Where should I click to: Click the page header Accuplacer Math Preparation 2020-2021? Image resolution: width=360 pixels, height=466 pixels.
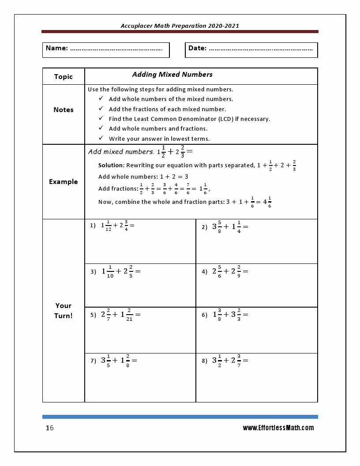coord(180,26)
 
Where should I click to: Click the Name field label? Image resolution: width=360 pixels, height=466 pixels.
coord(56,48)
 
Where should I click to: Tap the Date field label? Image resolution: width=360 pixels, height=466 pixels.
coord(197,48)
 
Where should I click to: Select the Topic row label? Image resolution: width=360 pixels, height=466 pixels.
coord(63,76)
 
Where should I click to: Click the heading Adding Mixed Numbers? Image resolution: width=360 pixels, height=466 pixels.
coord(172,74)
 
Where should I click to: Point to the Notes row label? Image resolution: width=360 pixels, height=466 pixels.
coord(63,109)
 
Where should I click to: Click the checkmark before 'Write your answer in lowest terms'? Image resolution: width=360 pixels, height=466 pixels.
coord(101,138)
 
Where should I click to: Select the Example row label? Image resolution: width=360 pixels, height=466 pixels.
coord(63,181)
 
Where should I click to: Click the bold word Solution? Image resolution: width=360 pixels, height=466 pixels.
coord(111,165)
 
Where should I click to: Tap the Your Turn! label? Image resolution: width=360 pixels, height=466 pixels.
coord(63,310)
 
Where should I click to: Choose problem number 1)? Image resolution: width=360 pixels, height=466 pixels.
coord(93,225)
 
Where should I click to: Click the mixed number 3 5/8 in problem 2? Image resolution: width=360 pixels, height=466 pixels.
coord(217,227)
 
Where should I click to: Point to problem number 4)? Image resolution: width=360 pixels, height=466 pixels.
coord(204,272)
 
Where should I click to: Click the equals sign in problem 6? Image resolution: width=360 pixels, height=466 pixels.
coord(245,315)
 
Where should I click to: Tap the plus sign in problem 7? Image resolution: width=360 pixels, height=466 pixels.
coord(115,360)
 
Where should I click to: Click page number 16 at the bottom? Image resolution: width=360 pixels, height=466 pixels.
coord(49,428)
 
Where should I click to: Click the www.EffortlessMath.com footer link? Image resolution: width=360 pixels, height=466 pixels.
coord(278,428)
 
